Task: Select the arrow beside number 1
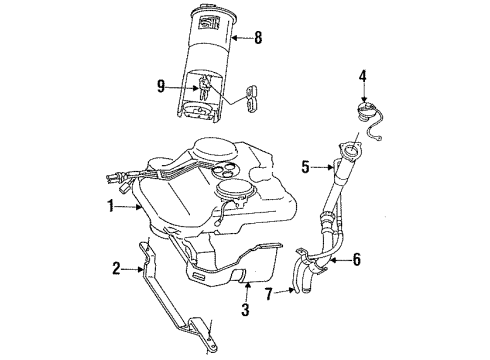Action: (130, 208)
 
